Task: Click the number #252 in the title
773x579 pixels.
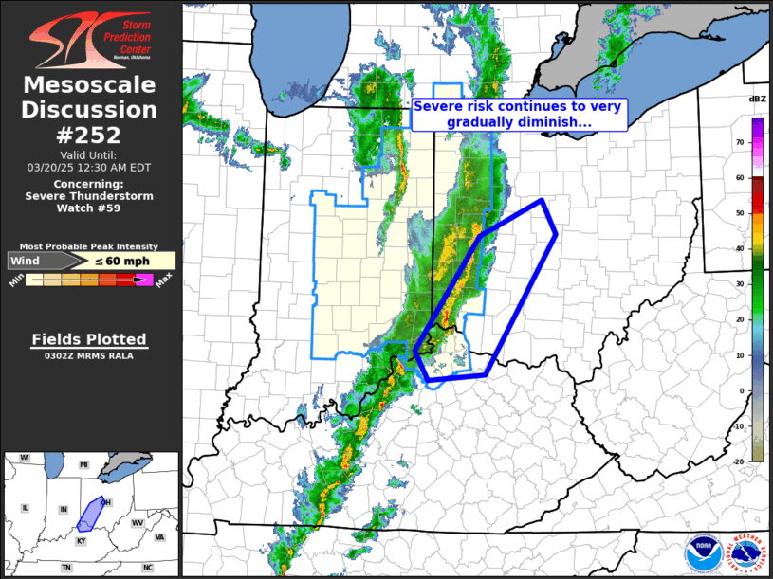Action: pyautogui.click(x=90, y=135)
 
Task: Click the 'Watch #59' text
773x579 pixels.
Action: pyautogui.click(x=90, y=208)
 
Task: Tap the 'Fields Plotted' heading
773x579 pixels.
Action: pyautogui.click(x=89, y=339)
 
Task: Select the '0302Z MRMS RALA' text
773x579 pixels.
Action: pyautogui.click(x=89, y=356)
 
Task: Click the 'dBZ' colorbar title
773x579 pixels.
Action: pyautogui.click(x=757, y=100)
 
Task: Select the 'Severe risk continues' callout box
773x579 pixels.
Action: pyautogui.click(x=520, y=115)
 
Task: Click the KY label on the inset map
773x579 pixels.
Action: pyautogui.click(x=80, y=540)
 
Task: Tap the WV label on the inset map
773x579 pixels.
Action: pyautogui.click(x=137, y=523)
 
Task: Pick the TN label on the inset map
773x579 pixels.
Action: pyautogui.click(x=66, y=567)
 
